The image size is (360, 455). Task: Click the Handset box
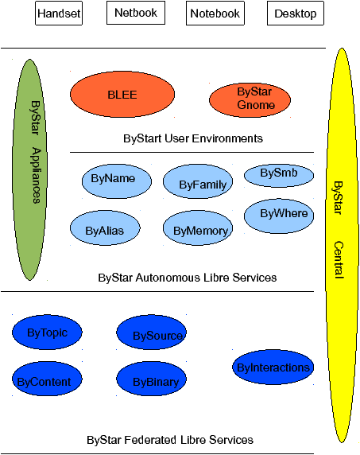point(59,13)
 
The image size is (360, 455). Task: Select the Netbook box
point(136,13)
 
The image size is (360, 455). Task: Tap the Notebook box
point(215,13)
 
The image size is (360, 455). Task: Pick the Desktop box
point(296,13)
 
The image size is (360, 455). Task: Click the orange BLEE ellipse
point(122,95)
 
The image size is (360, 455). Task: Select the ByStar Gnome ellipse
point(250,100)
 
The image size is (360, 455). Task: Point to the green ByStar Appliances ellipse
point(29,169)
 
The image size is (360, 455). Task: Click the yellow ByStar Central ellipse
point(342,245)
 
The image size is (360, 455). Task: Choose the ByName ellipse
point(117,181)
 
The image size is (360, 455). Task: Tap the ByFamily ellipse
point(198,181)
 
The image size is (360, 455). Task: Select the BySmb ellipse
point(279,176)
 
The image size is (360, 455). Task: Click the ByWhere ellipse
point(279,216)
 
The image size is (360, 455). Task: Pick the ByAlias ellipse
point(105,227)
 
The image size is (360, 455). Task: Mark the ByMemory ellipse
point(198,227)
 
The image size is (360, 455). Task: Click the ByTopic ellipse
point(47,332)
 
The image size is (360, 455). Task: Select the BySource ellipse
point(151,332)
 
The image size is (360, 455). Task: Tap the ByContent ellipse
point(47,379)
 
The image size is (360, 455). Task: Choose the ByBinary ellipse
point(151,379)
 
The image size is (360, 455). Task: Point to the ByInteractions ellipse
point(273,367)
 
